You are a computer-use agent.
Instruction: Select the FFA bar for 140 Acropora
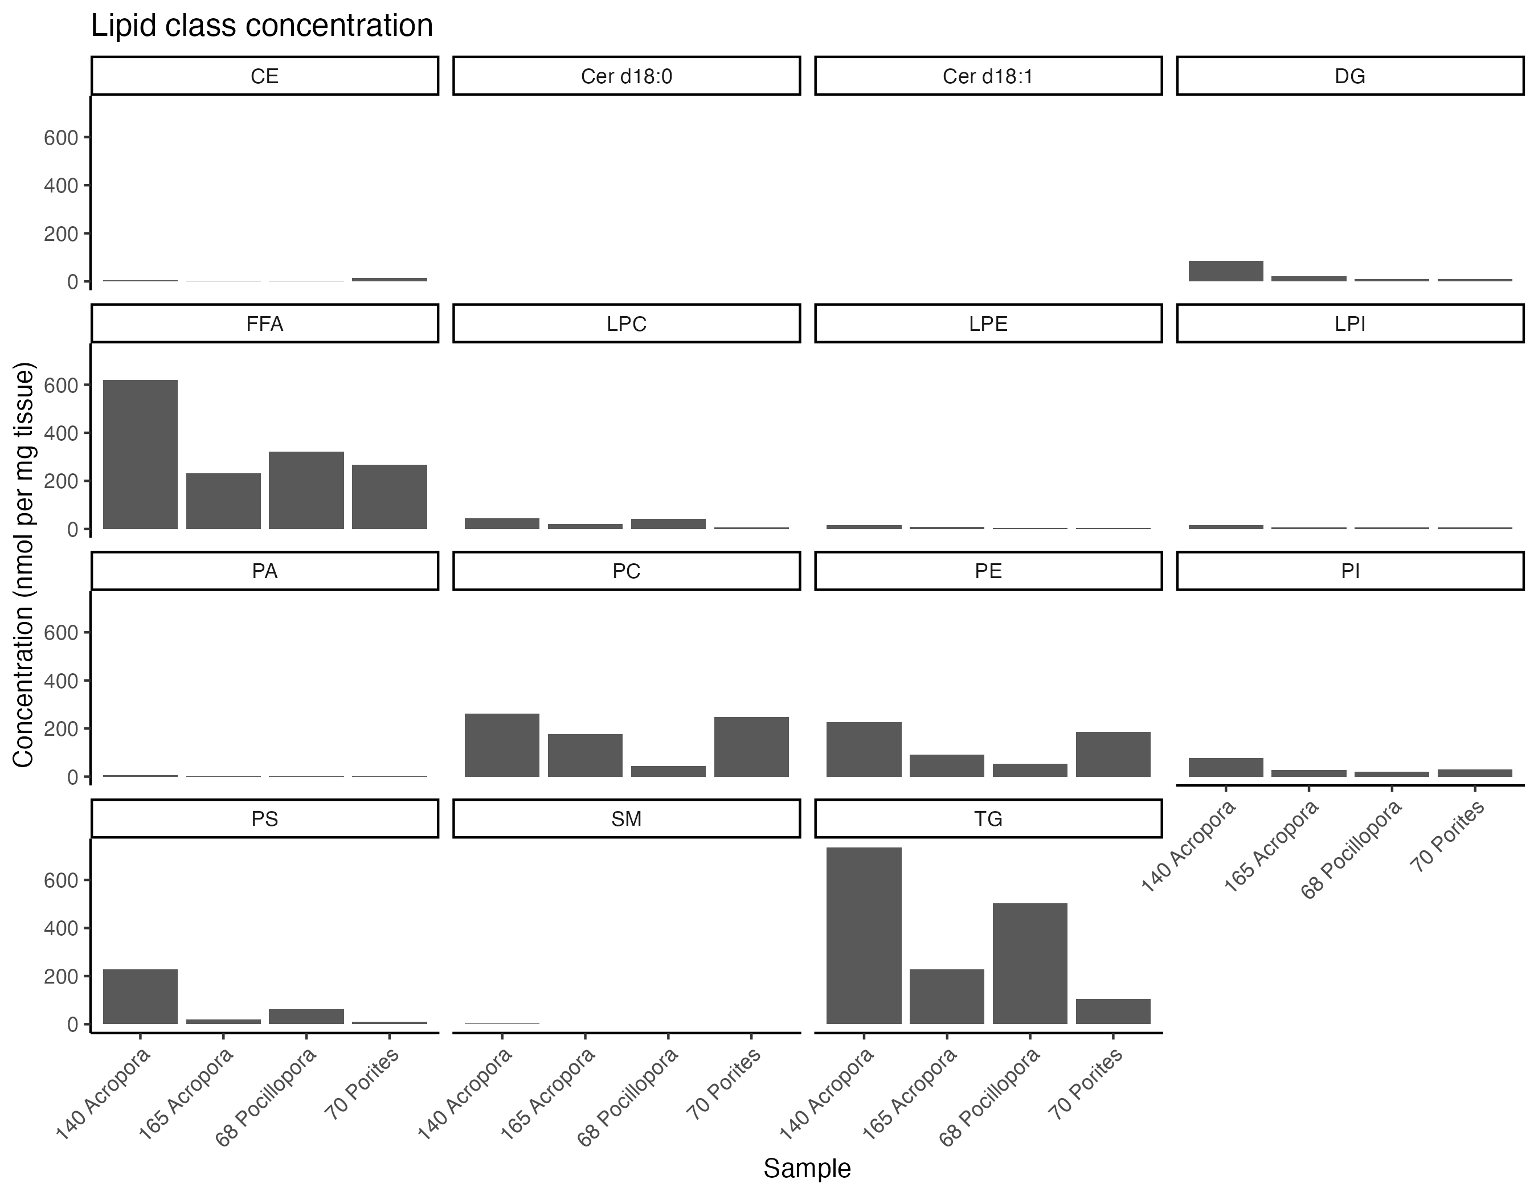140,454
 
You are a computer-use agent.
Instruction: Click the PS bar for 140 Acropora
140,996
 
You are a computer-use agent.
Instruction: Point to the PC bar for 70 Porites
751,747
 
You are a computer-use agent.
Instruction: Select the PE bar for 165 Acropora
947,766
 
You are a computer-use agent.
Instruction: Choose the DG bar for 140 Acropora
1225,271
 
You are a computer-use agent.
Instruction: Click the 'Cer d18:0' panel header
626,76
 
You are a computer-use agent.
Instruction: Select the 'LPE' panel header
988,324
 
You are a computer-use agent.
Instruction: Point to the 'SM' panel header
626,818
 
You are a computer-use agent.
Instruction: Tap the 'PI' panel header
1350,571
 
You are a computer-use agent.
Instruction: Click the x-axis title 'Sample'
807,1168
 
